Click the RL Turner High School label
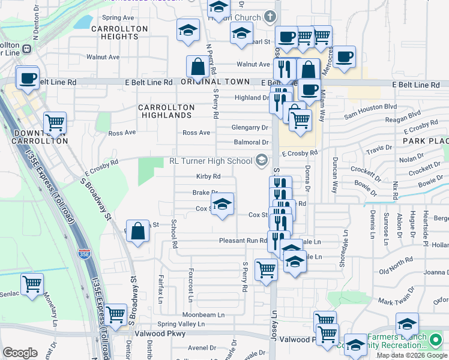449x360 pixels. point(210,161)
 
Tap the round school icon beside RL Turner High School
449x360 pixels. point(261,160)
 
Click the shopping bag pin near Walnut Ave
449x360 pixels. point(197,68)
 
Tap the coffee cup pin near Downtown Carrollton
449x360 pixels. point(28,78)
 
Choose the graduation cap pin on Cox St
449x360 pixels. point(222,205)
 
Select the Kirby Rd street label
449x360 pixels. point(208,176)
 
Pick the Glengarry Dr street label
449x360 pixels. point(250,127)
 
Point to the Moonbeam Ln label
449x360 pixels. point(203,314)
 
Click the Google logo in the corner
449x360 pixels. point(20,353)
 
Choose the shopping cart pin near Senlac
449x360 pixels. point(32,284)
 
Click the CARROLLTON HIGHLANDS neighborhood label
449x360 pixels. point(166,111)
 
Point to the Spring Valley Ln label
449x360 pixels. point(181,324)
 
